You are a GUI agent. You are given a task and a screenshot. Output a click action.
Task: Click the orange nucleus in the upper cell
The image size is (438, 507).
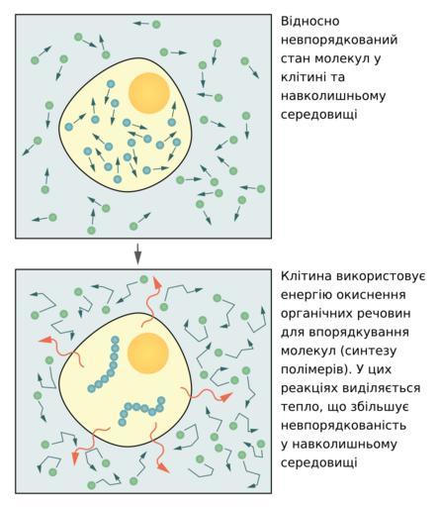pos(149,93)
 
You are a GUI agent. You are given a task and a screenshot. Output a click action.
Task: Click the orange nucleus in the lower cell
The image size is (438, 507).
pos(148,354)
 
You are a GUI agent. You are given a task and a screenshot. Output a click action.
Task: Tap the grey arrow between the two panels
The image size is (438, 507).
pos(138,253)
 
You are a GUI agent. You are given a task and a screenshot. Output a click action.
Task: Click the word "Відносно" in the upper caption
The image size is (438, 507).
pos(306,22)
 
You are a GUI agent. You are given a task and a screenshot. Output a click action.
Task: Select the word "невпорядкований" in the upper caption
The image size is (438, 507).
pos(339,41)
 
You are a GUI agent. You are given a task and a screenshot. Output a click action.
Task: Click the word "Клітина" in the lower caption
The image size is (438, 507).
pos(306,276)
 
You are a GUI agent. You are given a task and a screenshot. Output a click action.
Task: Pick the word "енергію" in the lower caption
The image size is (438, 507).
pos(306,295)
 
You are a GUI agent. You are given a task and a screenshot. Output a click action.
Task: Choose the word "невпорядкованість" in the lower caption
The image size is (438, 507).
pos(343,425)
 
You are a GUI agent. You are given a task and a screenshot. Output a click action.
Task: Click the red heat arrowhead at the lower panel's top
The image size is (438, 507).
pos(156,283)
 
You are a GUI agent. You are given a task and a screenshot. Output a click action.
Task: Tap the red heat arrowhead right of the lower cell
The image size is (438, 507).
pos(226,397)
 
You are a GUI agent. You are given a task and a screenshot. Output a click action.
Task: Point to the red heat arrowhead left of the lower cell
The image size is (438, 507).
pos(46,340)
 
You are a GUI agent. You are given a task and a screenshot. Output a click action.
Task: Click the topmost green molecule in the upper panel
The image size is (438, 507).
pos(156,24)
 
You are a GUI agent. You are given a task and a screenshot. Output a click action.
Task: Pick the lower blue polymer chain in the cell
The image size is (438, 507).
pos(141,410)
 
